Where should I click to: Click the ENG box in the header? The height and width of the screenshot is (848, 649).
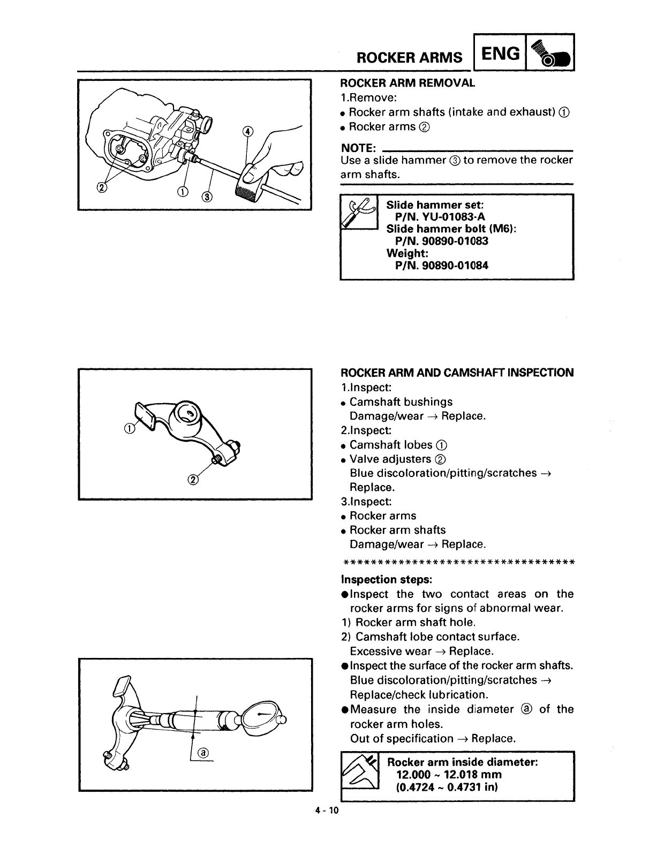click(x=500, y=54)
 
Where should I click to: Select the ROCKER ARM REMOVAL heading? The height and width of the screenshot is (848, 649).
click(x=407, y=83)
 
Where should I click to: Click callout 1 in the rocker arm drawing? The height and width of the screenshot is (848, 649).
click(x=129, y=427)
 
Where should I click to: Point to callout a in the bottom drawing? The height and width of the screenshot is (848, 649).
click(x=203, y=753)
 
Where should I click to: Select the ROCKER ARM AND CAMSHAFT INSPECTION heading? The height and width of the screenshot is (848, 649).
click(x=457, y=373)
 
